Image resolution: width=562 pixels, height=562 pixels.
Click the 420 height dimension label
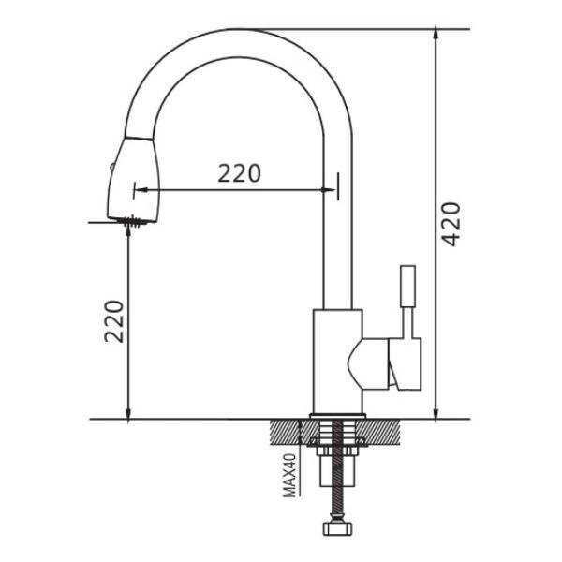pyautogui.click(x=451, y=224)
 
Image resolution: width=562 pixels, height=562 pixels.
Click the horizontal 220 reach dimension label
pyautogui.click(x=240, y=173)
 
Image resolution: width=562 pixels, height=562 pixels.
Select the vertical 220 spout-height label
pyautogui.click(x=114, y=321)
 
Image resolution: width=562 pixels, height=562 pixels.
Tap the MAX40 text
pyautogui.click(x=289, y=475)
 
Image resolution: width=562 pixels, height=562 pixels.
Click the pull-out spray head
pyautogui.click(x=133, y=181)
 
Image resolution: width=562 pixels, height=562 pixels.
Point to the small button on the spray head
pyautogui.click(x=111, y=168)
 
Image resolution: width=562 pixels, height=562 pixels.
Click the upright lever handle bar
pyautogui.click(x=407, y=286)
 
